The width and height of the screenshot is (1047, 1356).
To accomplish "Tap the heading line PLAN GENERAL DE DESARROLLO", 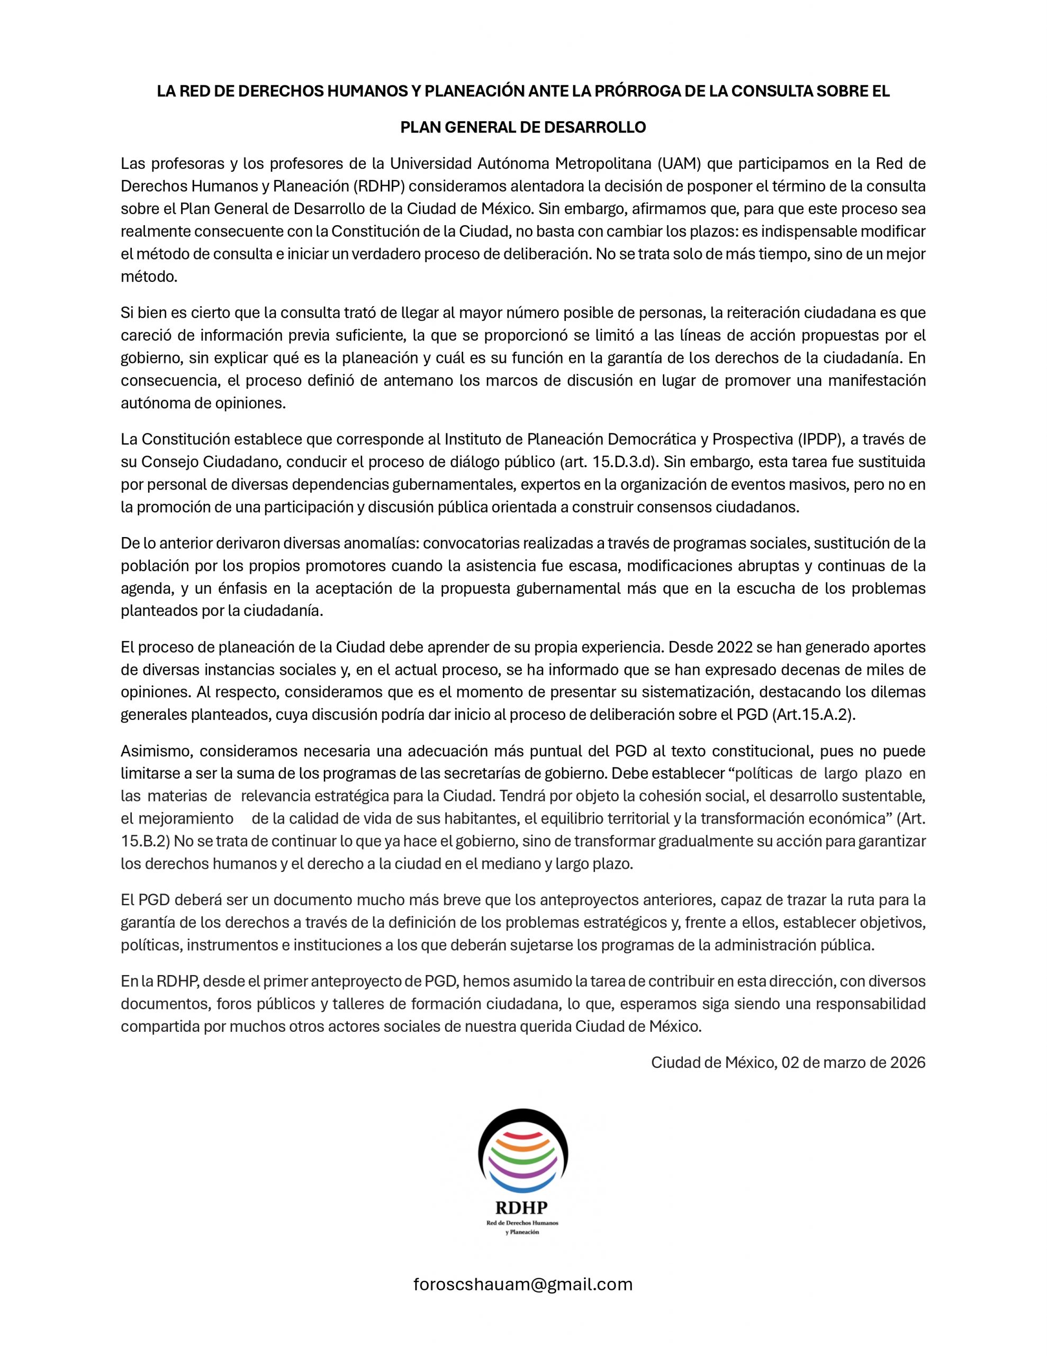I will pos(522,127).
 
